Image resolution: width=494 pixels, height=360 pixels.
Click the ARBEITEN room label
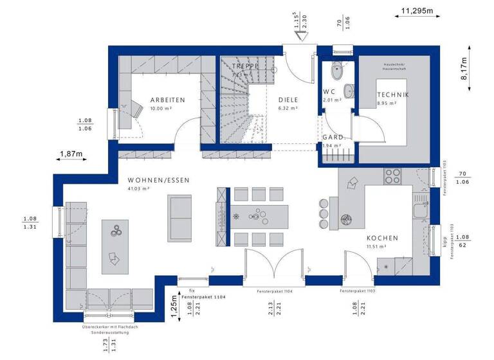[x=167, y=100]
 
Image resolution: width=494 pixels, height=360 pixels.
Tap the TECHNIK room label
[x=393, y=95]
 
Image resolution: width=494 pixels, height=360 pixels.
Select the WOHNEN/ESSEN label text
[x=158, y=180]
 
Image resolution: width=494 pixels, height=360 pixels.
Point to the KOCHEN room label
[x=382, y=238]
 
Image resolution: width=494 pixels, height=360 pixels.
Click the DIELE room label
[x=288, y=100]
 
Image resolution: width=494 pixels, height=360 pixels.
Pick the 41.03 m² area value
[x=139, y=189]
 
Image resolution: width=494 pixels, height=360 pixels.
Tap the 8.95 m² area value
[x=387, y=104]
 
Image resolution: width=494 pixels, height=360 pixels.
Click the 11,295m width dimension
[x=417, y=11]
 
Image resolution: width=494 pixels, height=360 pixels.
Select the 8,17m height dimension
[x=464, y=67]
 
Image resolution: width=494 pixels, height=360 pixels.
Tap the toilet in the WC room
[x=336, y=70]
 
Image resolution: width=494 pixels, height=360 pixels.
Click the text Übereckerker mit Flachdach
[x=110, y=327]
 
